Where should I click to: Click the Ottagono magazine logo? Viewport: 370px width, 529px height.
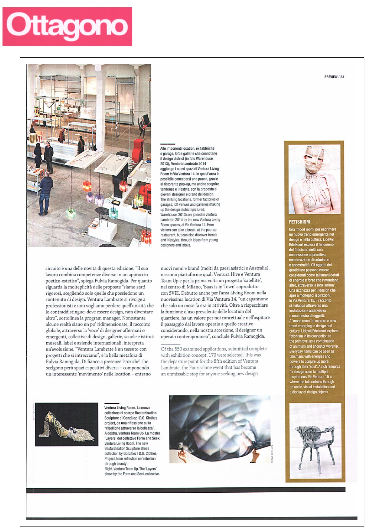coord(67,27)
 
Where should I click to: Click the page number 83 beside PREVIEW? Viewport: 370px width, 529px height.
coord(342,77)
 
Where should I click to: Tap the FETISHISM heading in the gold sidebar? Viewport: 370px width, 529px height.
coord(299,222)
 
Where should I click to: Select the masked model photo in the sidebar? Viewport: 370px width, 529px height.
coord(314,179)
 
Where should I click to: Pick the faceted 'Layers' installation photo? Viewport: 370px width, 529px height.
coord(219,428)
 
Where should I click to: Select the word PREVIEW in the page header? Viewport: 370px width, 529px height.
coord(331,77)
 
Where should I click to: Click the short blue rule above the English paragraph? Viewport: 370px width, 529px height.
coord(170,344)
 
